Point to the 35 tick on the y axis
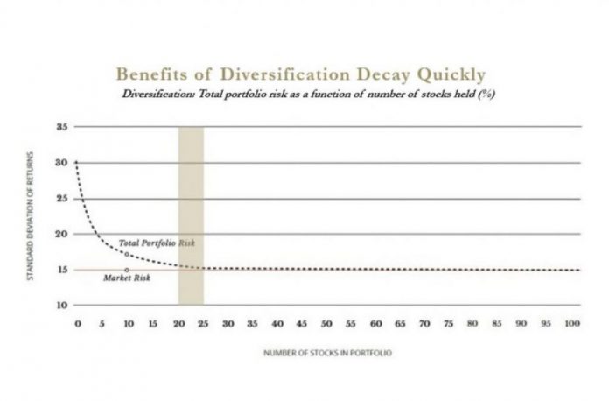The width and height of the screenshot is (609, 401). point(62,127)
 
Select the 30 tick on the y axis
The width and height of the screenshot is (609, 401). point(62,163)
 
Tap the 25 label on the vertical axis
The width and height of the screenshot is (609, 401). point(62,199)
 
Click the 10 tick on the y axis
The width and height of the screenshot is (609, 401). point(62,306)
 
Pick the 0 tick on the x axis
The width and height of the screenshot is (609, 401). point(77,324)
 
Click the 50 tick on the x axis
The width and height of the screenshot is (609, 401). point(327,324)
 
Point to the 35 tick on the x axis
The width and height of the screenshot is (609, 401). point(253,324)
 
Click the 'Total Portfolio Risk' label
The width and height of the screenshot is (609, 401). point(156,242)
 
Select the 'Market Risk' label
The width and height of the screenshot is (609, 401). point(124,278)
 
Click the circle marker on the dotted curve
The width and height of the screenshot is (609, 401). point(128,254)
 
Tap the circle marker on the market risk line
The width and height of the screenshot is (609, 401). point(128,270)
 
